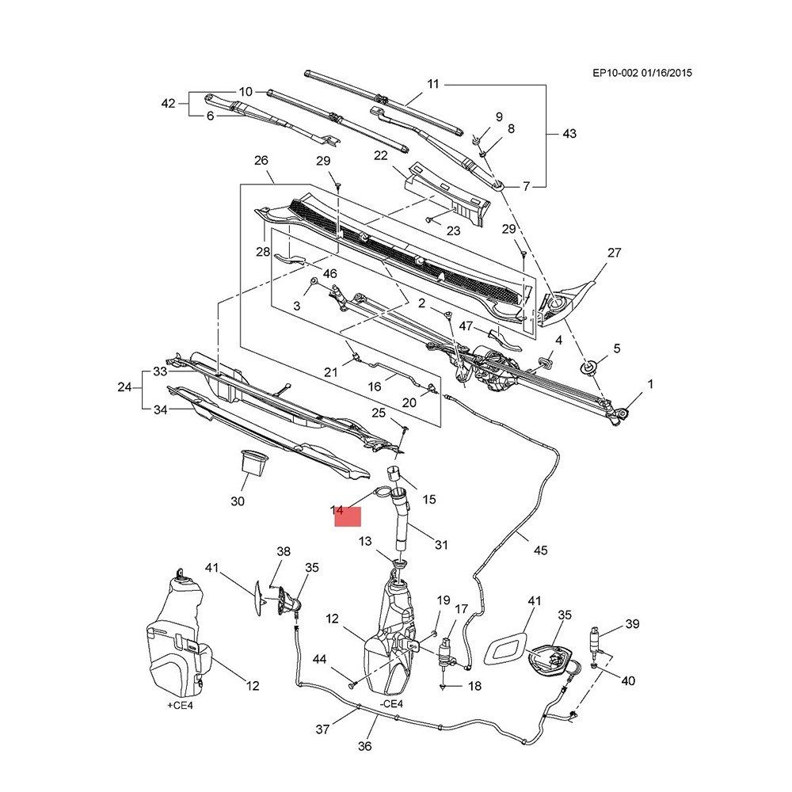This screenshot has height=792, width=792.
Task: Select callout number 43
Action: pos(569,134)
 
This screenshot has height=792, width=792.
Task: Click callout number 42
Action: pos(167,104)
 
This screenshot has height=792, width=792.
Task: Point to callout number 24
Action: pos(124,387)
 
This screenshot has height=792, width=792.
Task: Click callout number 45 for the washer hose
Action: pos(541,550)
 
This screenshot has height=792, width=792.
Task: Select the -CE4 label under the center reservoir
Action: pos(390,703)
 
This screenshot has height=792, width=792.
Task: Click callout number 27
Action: pos(614,253)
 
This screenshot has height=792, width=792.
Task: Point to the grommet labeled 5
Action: pos(589,367)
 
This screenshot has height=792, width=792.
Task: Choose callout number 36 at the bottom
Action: pos(365,745)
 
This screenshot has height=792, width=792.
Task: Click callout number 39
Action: pos(632,624)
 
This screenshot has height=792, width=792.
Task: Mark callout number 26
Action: pos(261,161)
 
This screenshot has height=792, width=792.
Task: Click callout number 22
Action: pos(380,155)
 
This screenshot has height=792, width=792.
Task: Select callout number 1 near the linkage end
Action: pos(650,384)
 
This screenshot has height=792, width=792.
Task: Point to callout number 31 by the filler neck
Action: pos(441,544)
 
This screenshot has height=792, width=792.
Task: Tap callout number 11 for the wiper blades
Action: pos(432,84)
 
